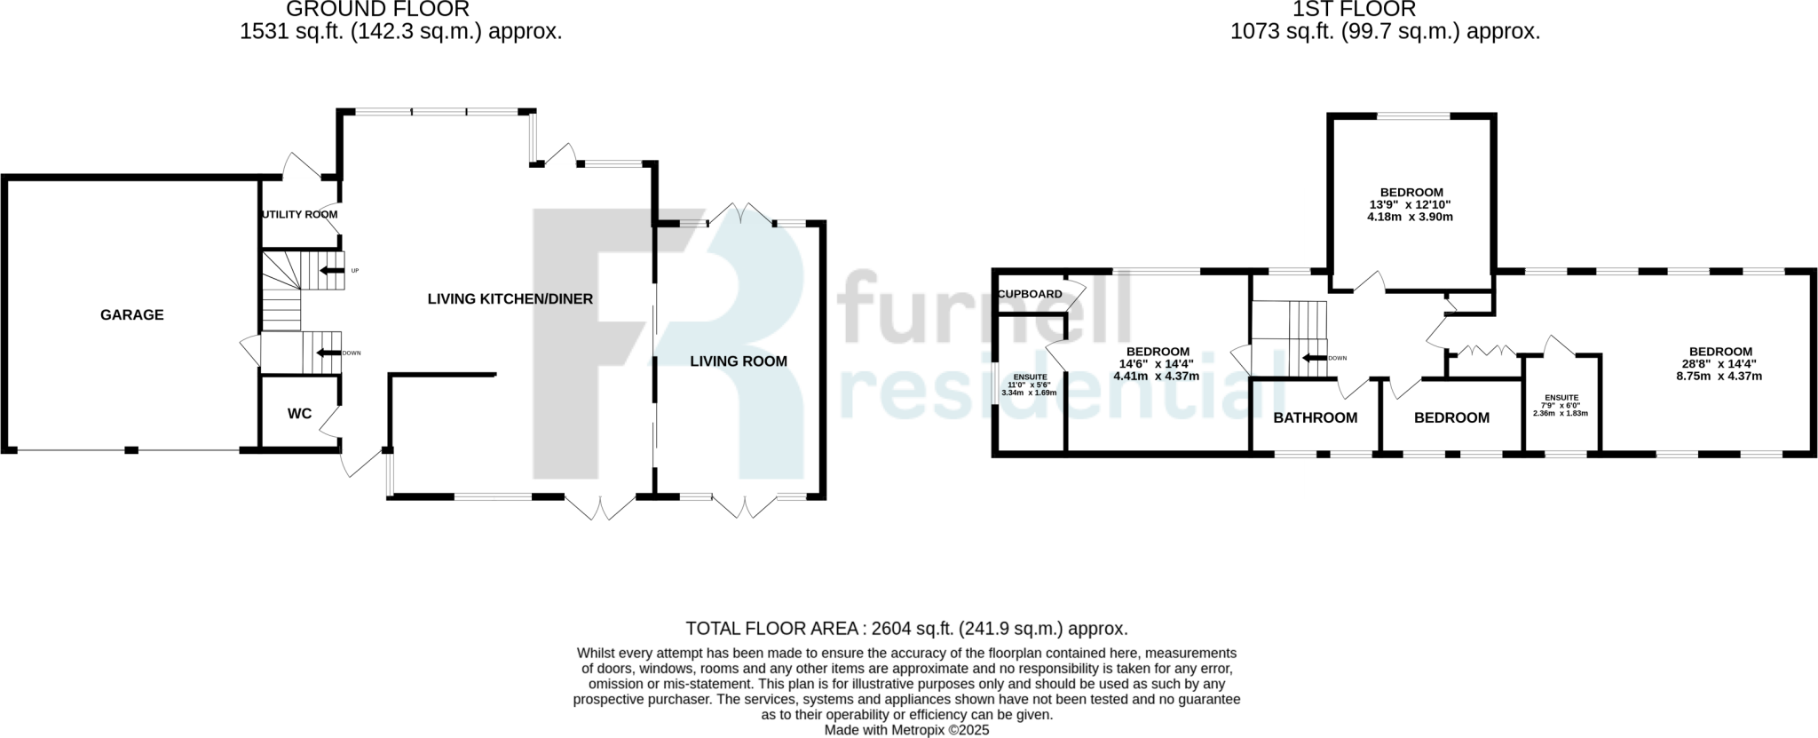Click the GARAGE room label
tap(131, 314)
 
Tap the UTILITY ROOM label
tap(299, 215)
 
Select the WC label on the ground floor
tap(299, 414)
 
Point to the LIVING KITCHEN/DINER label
tap(510, 299)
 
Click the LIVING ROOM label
tap(739, 361)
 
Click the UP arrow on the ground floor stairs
tap(332, 271)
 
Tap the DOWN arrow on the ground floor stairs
tap(328, 353)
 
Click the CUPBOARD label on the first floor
tap(1030, 294)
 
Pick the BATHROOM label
tap(1315, 417)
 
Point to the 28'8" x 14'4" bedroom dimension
tap(1719, 363)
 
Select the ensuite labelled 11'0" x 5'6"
tap(1029, 385)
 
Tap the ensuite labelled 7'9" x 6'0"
tap(1561, 405)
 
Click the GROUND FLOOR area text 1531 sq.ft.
tap(400, 32)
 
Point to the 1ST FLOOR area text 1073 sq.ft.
tap(1384, 32)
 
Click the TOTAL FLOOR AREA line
tap(905, 629)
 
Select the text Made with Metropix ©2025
tap(905, 730)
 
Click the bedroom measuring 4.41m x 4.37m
tap(1157, 363)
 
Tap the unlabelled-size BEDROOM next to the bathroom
tap(1451, 417)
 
